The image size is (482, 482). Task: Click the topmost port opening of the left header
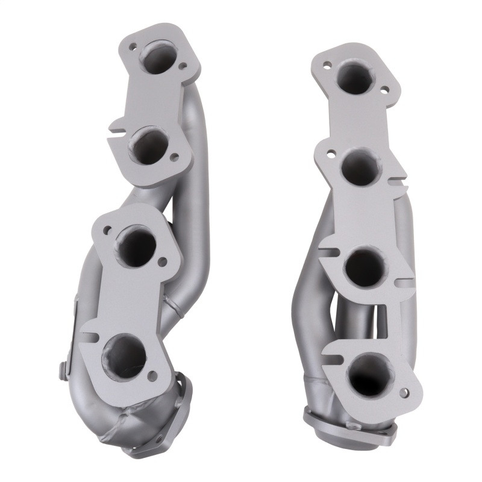click(x=157, y=57)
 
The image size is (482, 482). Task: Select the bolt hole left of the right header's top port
click(x=326, y=64)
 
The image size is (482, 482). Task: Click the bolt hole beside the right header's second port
click(x=331, y=156)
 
